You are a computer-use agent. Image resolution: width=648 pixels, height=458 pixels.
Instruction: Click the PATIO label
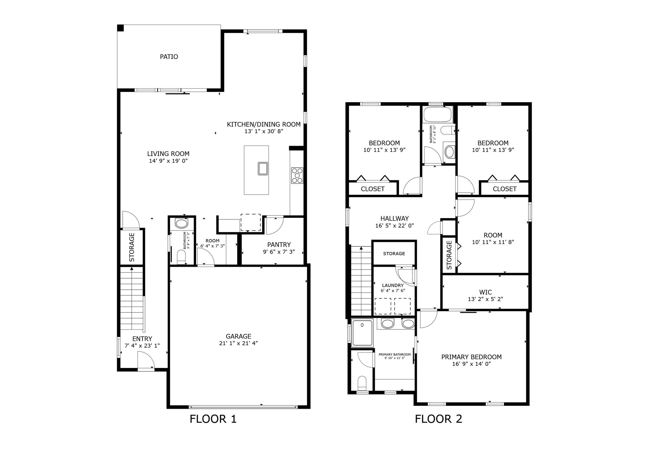(x=169, y=57)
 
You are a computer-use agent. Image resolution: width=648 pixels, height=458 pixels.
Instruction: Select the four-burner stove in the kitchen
(x=297, y=175)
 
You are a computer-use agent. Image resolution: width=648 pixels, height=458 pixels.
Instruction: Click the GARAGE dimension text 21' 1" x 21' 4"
(x=238, y=343)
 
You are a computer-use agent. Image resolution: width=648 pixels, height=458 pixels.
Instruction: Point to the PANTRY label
(x=279, y=245)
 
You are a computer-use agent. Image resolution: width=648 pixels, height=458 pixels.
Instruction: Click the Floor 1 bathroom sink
(x=181, y=224)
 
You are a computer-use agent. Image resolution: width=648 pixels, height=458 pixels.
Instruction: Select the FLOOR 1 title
(x=213, y=419)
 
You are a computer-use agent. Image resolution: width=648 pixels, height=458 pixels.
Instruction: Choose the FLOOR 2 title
(x=438, y=419)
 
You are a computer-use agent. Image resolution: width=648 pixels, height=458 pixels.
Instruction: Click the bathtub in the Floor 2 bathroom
(x=438, y=115)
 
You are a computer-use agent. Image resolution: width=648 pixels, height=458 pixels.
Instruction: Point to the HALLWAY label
(x=394, y=218)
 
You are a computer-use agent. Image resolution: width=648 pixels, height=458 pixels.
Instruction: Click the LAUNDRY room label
(x=393, y=285)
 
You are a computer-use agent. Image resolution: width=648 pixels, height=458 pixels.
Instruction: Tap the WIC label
(x=485, y=292)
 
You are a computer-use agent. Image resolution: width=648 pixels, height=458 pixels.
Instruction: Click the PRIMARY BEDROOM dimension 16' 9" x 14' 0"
(x=471, y=364)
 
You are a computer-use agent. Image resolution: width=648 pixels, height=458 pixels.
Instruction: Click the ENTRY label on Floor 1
(x=142, y=339)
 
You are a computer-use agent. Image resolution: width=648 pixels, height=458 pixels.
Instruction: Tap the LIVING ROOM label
(x=168, y=154)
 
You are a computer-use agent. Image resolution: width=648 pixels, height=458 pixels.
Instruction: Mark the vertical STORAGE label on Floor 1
(x=132, y=247)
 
